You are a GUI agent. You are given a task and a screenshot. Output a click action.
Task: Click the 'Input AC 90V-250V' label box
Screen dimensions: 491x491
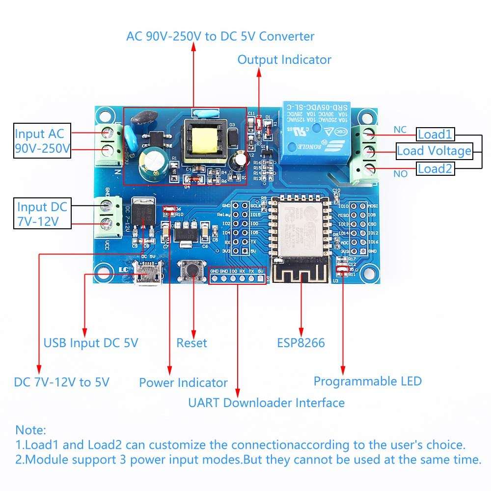point(42,140)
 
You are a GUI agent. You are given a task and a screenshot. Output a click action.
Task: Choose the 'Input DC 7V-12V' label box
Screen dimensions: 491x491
point(42,214)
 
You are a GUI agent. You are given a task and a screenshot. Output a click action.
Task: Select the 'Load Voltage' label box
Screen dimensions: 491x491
point(434,151)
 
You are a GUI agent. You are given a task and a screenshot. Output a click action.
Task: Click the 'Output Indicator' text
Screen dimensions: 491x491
point(284,60)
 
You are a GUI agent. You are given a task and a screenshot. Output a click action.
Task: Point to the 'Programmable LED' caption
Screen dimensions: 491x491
point(368,381)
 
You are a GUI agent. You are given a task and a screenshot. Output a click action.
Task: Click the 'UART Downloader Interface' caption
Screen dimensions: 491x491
point(266,403)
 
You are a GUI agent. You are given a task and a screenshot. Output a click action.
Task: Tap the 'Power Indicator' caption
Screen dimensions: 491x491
point(183,383)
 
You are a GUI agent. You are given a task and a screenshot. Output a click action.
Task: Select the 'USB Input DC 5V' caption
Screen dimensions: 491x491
point(91,343)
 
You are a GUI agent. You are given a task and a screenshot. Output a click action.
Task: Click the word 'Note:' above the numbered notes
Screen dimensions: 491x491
point(31,430)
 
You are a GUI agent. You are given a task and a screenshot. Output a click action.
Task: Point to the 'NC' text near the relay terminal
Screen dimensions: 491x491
point(400,130)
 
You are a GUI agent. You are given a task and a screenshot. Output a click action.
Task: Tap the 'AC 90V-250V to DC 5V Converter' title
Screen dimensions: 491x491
point(220,36)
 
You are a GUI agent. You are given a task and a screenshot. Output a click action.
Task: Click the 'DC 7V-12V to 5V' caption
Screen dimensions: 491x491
point(62,382)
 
